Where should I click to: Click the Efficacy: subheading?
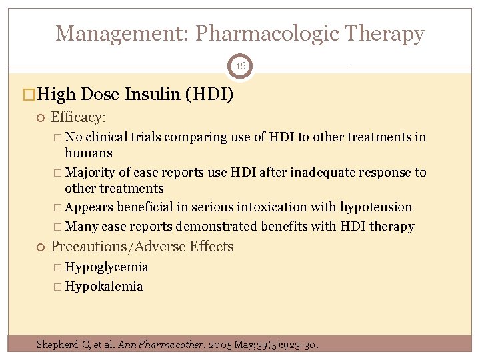(78, 117)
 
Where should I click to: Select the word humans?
(89, 153)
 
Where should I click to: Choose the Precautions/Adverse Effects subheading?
(142, 247)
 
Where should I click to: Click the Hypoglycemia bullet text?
(107, 267)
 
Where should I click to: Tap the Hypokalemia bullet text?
(104, 287)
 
